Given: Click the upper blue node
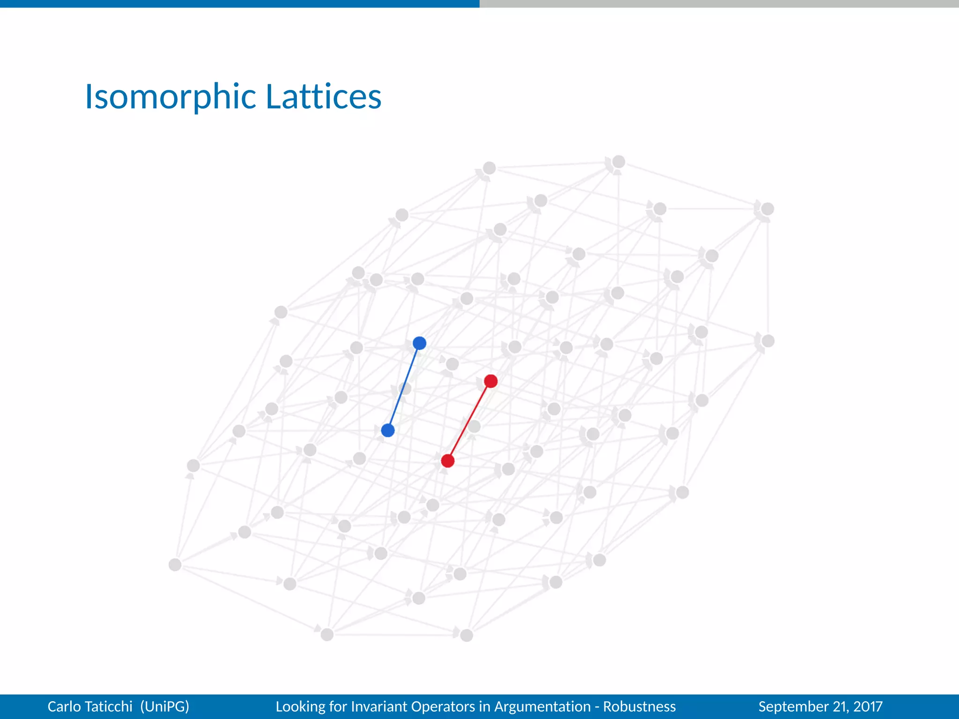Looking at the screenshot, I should tap(420, 343).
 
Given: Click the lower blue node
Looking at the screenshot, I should tap(388, 430).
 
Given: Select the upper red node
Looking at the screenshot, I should tap(491, 381).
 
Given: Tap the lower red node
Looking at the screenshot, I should tap(448, 461).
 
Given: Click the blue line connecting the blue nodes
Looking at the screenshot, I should tap(404, 387).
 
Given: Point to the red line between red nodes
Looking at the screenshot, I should tap(469, 421).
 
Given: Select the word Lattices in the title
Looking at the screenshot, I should tap(324, 96).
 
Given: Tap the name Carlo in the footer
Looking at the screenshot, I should tap(66, 706).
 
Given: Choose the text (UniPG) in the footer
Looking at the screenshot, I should tap(164, 706).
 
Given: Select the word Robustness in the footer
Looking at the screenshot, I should tap(639, 706).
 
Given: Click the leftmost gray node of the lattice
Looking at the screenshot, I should tap(175, 565).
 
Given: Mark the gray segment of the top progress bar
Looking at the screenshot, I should tap(719, 4).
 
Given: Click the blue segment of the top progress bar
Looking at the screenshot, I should tap(239, 4).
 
